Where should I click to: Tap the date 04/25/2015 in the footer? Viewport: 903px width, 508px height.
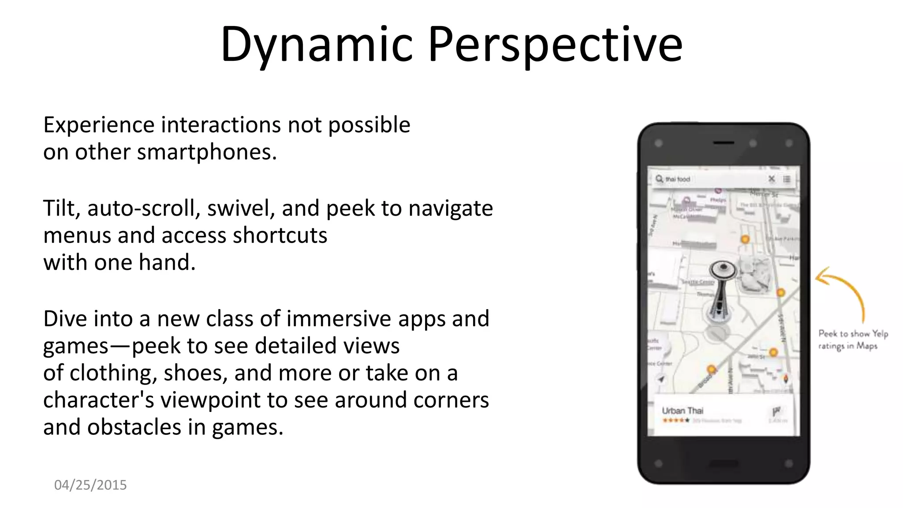90,485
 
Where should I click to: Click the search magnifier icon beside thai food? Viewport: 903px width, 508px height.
659,179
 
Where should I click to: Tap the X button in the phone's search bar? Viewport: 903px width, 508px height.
771,179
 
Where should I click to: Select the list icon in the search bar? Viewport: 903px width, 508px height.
787,179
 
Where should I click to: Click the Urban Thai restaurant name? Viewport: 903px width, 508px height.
683,411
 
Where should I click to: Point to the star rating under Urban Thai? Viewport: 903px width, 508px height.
675,421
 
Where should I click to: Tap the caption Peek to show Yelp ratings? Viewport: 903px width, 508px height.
853,340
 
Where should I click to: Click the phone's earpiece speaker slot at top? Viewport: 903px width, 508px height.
723,143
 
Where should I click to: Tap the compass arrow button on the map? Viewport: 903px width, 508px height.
661,379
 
